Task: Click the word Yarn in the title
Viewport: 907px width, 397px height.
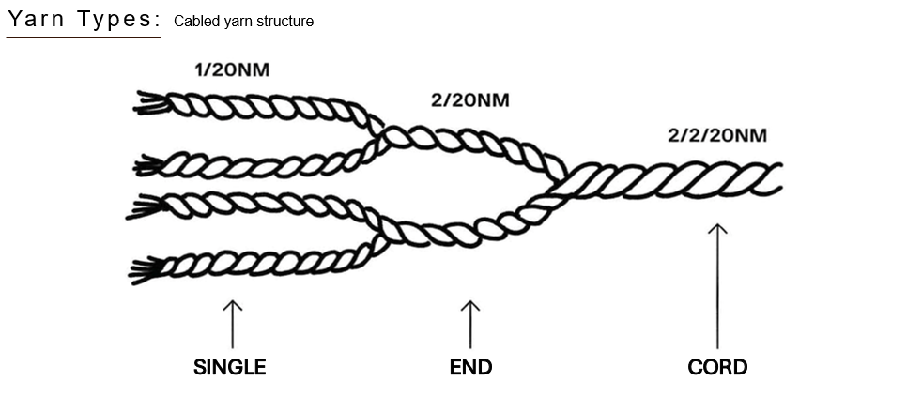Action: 37,21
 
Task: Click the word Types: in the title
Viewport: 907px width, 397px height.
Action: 116,21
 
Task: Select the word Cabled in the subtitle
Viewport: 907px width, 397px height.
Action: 194,22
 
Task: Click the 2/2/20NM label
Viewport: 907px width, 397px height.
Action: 716,136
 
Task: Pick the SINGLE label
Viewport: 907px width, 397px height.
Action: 230,367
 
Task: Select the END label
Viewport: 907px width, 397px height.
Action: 470,367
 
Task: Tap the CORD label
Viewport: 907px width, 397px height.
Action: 717,367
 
